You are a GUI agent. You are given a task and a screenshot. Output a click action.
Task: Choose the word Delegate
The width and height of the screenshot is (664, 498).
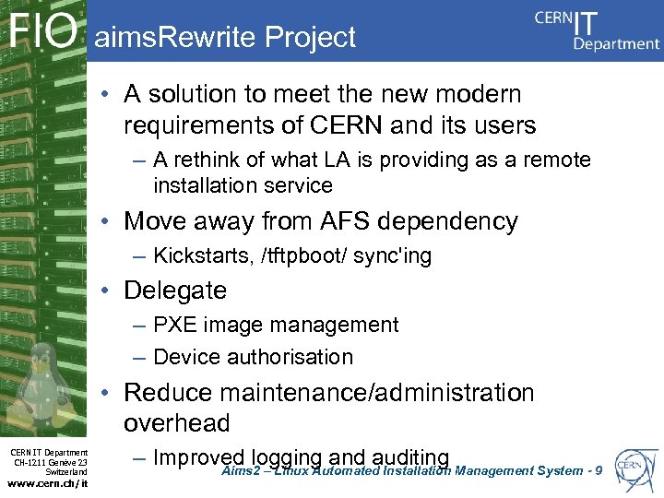[x=175, y=290]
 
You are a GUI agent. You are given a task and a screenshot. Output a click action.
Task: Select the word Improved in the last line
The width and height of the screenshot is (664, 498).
[x=198, y=457]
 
